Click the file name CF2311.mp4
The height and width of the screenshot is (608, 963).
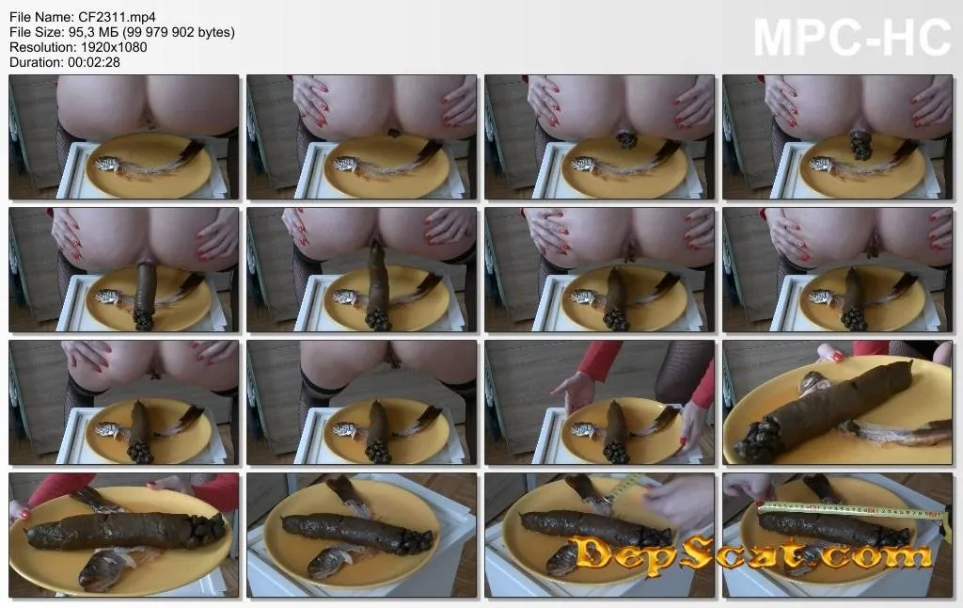click(x=117, y=17)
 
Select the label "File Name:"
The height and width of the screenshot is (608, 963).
click(x=41, y=17)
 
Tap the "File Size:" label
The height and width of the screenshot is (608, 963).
click(x=37, y=32)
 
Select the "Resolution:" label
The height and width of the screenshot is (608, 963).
click(x=41, y=47)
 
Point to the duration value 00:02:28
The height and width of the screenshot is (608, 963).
click(x=94, y=62)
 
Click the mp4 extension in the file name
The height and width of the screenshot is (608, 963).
click(x=143, y=18)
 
